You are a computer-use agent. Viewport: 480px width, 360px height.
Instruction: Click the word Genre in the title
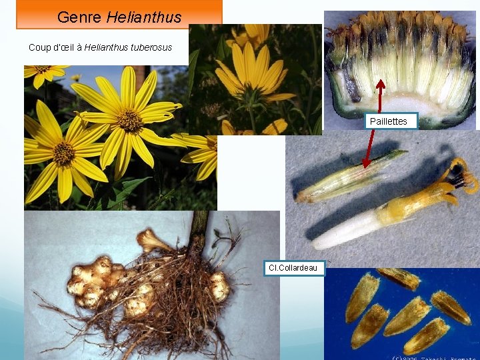point(79,17)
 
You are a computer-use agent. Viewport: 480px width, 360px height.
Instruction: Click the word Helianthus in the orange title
point(143,17)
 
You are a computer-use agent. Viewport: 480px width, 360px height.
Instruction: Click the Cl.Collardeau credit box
point(293,268)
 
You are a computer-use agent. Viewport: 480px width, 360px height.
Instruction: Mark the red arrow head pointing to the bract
point(366,163)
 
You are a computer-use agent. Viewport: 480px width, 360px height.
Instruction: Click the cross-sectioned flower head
point(400,67)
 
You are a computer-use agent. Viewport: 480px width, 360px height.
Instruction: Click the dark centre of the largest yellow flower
point(129,121)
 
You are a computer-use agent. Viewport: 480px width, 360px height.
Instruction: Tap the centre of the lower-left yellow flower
point(64,153)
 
